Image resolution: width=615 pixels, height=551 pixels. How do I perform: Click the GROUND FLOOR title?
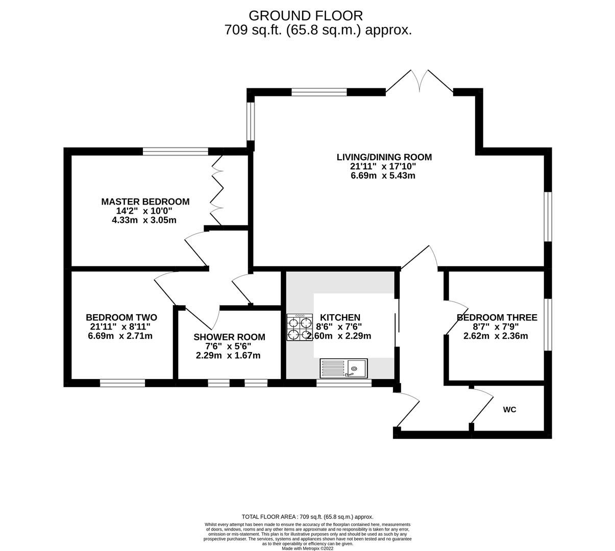pos(306,15)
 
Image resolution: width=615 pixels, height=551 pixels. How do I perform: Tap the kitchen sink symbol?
pos(343,368)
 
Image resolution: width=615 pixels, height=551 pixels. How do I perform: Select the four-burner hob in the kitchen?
pos(300,328)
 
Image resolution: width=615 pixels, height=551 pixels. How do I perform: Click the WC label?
pos(509,410)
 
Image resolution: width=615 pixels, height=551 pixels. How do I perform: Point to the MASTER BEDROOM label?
pos(145,202)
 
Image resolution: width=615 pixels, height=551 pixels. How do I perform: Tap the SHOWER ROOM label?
pos(229,337)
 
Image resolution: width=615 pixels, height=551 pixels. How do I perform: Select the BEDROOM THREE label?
pos(497,318)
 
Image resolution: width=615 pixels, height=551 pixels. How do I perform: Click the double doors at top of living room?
pos(420,82)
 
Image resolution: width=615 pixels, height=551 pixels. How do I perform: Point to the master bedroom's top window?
pos(176,151)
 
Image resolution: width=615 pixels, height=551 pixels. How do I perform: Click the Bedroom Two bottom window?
pos(122,383)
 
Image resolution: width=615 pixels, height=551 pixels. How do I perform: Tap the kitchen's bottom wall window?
pos(343,383)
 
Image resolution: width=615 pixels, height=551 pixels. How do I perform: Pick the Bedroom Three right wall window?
pos(548,324)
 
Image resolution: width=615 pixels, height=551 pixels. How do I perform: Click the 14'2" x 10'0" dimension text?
pos(144,211)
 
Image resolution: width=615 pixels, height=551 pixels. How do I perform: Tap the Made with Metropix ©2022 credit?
pos(307,548)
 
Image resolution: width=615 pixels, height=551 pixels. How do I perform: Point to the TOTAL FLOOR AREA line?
pos(307,517)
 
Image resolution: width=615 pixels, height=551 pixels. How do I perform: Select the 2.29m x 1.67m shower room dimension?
pos(228,356)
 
